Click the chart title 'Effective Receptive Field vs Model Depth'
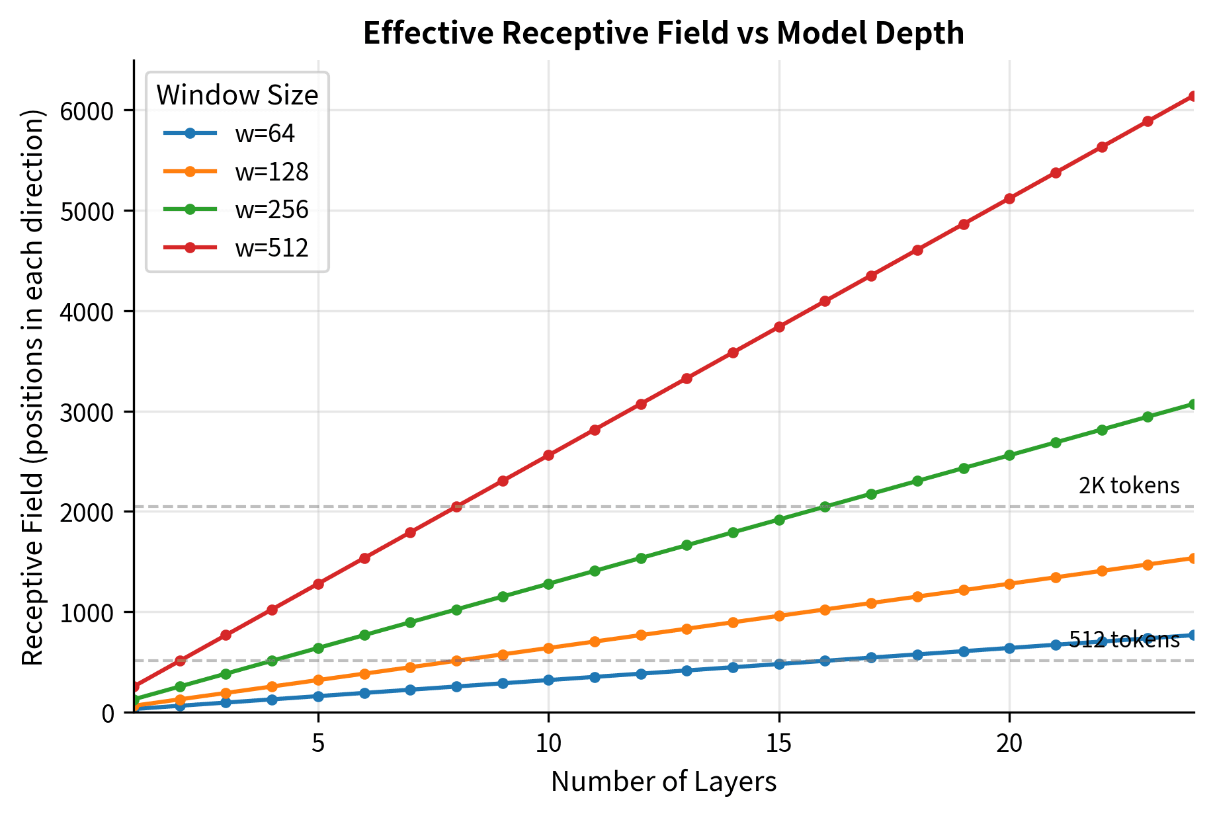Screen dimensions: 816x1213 click(x=663, y=34)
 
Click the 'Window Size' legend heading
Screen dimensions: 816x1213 click(x=237, y=96)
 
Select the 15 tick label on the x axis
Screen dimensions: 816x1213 click(x=778, y=743)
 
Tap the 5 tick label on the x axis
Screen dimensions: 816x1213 click(x=318, y=743)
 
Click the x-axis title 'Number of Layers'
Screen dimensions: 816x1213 click(x=663, y=782)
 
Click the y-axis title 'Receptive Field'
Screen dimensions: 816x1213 click(x=32, y=387)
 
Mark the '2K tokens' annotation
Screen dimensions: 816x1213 click(x=1128, y=486)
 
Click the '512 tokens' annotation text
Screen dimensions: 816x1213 click(x=1124, y=639)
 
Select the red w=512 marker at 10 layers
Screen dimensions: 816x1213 click(x=548, y=455)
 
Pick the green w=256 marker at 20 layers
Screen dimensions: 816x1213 click(x=1009, y=455)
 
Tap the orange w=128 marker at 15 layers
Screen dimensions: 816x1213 click(x=778, y=616)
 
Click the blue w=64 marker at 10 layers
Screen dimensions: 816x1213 click(x=548, y=680)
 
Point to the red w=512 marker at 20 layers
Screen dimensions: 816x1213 click(x=1009, y=198)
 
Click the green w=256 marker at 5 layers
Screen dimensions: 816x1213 click(x=318, y=648)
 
